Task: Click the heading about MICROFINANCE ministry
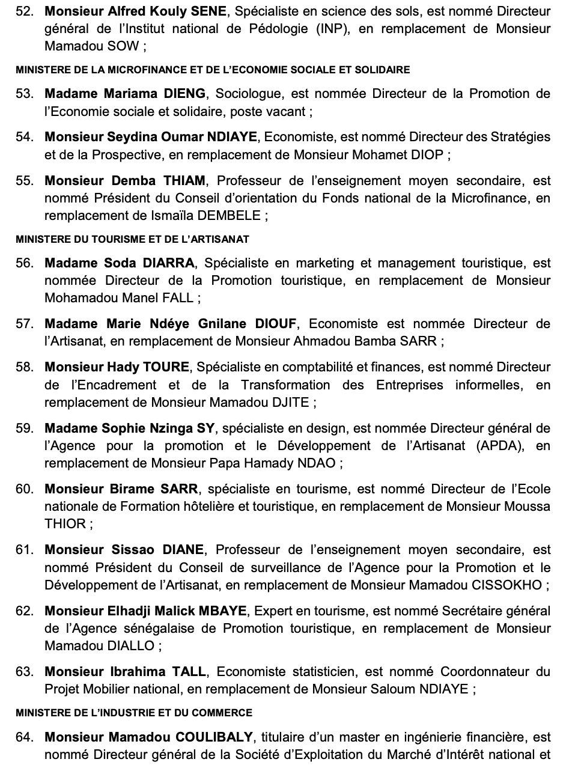(213, 70)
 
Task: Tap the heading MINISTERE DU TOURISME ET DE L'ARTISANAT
(132, 239)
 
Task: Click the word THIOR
(65, 524)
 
